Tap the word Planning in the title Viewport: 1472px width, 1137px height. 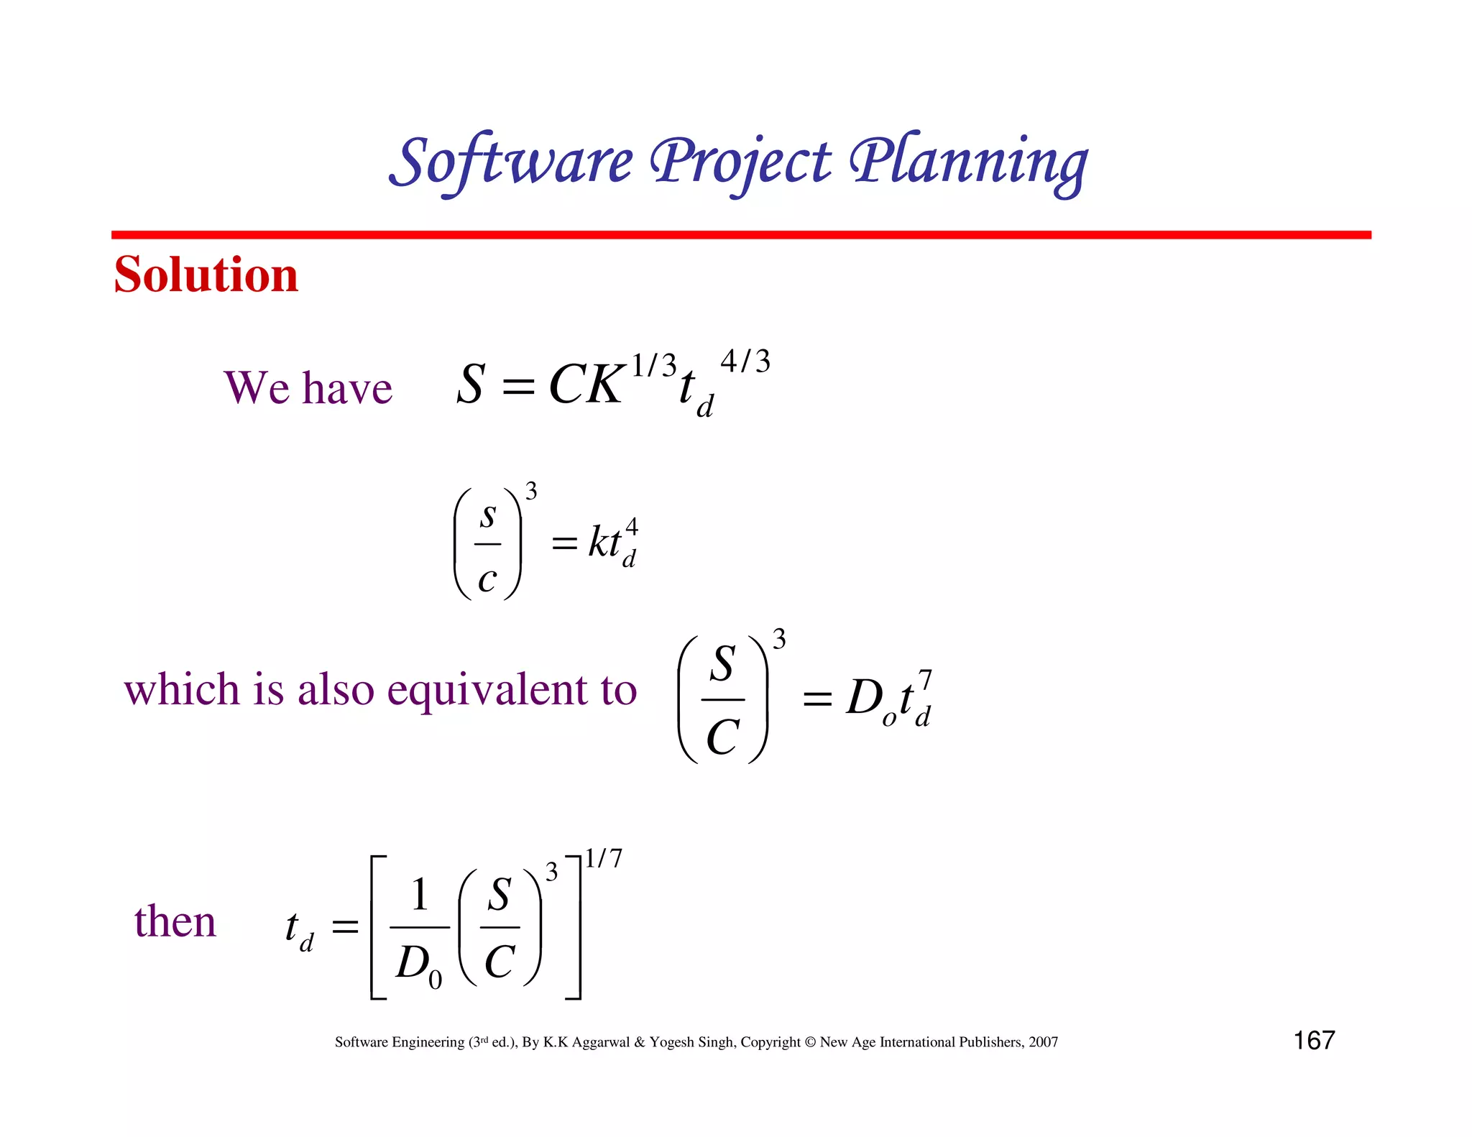pos(968,162)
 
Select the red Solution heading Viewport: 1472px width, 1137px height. pos(206,275)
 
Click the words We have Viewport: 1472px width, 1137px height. pos(308,388)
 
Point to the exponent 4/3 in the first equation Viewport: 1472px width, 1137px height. pos(745,362)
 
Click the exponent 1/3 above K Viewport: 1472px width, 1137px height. pos(653,366)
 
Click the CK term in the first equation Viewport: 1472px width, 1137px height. pos(586,385)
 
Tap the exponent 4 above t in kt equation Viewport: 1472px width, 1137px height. pos(631,526)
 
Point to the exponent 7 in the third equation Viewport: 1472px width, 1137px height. pos(925,679)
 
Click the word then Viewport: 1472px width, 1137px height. pos(175,921)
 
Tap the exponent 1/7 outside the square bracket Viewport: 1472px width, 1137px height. pos(603,858)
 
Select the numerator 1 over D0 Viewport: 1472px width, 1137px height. pos(420,895)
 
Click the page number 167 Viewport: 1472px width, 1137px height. pos(1314,1041)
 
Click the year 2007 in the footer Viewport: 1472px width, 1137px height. pos(1043,1042)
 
